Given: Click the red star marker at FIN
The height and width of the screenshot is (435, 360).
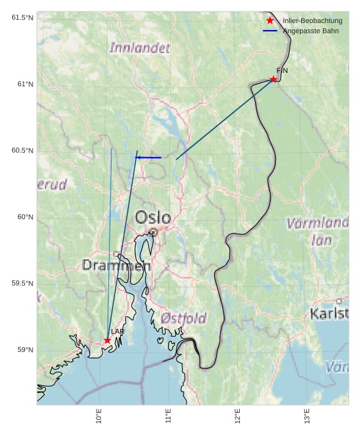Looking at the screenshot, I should pos(273,79).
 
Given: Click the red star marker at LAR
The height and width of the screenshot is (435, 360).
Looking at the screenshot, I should pos(107,340).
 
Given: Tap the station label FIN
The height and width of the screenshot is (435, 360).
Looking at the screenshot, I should pos(282,70).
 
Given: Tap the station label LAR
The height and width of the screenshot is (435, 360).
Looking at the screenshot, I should pos(118,332).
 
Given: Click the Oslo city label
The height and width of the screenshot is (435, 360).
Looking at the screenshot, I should pos(153,218).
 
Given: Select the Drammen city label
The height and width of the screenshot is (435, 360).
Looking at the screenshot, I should pos(116,265).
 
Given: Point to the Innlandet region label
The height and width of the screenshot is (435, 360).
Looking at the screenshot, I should pos(140,48).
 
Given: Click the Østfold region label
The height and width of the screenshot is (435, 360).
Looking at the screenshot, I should pos(184,318).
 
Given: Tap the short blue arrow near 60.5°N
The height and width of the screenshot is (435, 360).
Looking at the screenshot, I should pos(148,157).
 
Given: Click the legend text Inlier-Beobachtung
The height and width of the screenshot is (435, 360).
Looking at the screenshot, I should pos(312,20).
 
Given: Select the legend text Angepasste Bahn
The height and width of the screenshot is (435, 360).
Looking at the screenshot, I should pos(311,31).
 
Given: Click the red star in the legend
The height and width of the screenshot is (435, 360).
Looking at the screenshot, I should pos(270,20).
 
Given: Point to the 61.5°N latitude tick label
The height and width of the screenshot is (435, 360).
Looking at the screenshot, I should pos(22,17).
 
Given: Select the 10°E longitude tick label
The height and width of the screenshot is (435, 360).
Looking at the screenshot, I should pos(99,416).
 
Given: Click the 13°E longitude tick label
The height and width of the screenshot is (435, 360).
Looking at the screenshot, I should pos(307,416).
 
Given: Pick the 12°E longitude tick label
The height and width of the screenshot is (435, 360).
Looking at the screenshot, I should pos(238,416).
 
